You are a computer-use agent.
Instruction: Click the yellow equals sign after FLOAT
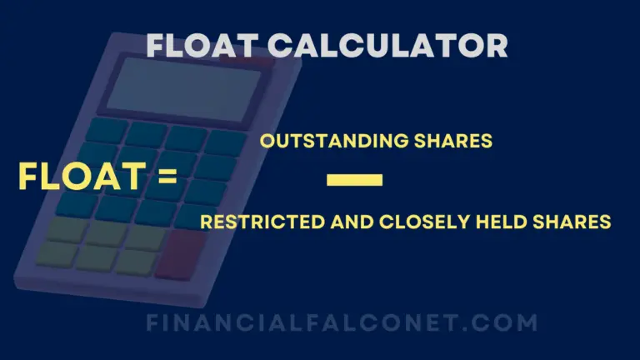(163, 177)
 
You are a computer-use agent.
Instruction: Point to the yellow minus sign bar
(355, 179)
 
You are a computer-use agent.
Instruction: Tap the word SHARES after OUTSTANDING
(456, 142)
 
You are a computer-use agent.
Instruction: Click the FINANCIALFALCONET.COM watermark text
(342, 322)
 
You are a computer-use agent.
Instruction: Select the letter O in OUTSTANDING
(267, 142)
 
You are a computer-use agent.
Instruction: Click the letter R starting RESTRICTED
(206, 222)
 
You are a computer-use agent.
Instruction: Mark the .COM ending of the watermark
(507, 322)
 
